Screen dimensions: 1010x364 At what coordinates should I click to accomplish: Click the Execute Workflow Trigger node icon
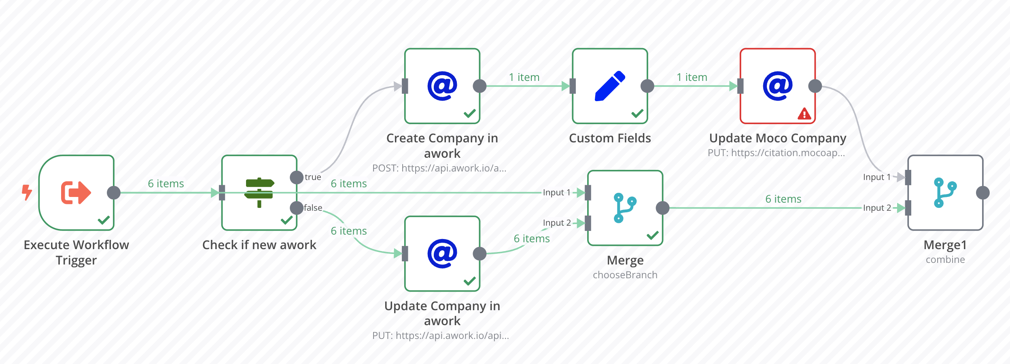(76, 193)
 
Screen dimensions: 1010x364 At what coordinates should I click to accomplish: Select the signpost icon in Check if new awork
(259, 193)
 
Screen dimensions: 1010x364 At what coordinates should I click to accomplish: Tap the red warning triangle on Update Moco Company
(804, 114)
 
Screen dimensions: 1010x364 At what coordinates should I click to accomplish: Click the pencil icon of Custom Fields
(610, 86)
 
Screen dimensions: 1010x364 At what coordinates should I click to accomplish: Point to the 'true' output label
(313, 177)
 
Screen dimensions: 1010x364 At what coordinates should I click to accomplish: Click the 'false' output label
(313, 208)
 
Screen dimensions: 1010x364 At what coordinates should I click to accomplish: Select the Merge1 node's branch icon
(945, 193)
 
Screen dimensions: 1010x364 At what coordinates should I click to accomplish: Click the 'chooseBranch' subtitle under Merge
(625, 275)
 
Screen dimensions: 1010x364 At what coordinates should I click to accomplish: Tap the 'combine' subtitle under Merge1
(945, 260)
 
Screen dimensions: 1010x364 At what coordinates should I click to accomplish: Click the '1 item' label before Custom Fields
(524, 77)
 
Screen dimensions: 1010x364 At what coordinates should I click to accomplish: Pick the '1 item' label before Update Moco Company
(692, 77)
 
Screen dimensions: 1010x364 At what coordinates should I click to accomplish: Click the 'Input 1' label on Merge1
(877, 177)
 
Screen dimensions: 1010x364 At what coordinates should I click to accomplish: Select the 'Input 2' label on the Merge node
(557, 223)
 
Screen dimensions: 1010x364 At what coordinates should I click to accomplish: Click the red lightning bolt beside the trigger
(27, 193)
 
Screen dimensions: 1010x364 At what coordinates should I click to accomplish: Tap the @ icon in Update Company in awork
(442, 254)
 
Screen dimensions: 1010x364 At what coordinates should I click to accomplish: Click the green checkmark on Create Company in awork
(470, 113)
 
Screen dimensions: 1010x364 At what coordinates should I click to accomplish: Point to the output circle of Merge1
(983, 193)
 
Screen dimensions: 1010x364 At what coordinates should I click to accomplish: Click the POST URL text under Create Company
(439, 168)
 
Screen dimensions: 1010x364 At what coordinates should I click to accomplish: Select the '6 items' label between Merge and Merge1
(783, 199)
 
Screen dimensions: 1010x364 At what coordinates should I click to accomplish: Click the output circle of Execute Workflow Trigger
(114, 193)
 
